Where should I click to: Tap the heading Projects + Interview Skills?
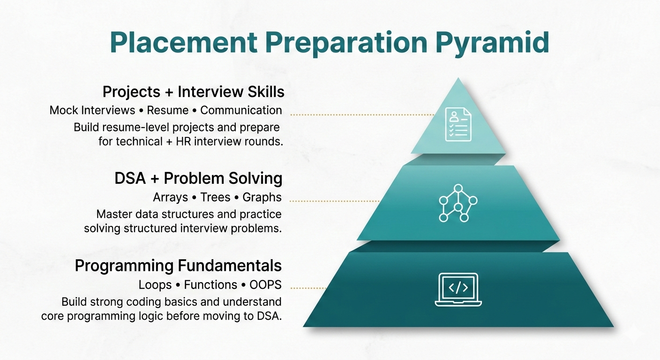pos(193,91)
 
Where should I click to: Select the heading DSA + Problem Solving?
pos(198,179)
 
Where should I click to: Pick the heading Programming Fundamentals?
pos(178,266)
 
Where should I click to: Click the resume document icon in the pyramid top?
pos(458,124)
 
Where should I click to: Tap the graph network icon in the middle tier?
pos(457,203)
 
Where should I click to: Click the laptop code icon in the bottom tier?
pos(457,290)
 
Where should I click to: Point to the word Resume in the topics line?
pos(168,111)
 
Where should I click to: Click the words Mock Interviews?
pos(91,111)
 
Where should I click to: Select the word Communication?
pos(241,111)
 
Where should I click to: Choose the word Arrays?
pos(171,197)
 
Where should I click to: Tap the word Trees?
pos(215,197)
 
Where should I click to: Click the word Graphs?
pos(262,197)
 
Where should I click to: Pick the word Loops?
pos(155,285)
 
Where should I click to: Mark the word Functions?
pos(210,285)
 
